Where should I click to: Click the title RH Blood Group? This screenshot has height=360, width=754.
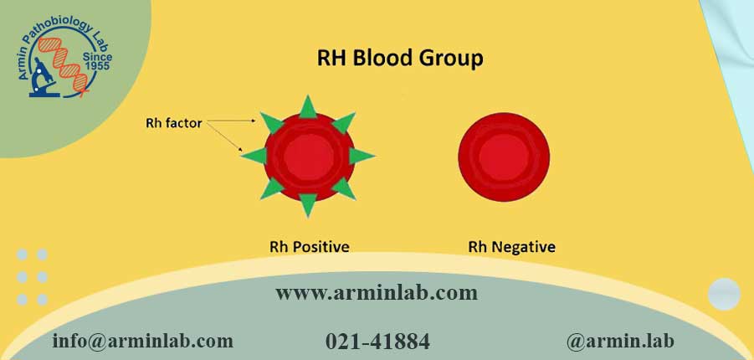click(x=400, y=59)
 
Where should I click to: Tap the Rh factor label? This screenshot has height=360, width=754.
click(x=173, y=123)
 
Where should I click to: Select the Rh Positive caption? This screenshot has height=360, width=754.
click(x=309, y=247)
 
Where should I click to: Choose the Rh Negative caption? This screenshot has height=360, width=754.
click(x=511, y=247)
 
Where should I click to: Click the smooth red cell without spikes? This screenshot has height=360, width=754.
click(x=504, y=157)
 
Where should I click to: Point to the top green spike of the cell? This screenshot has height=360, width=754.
click(x=308, y=108)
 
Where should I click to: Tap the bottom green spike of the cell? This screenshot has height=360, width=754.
click(x=308, y=204)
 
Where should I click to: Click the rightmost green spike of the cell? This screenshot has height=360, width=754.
click(x=361, y=156)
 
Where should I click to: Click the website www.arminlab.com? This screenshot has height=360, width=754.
click(x=377, y=293)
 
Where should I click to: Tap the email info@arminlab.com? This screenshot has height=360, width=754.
click(x=143, y=341)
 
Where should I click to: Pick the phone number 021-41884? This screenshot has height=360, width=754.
click(x=377, y=342)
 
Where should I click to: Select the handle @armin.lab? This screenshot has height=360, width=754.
click(x=620, y=341)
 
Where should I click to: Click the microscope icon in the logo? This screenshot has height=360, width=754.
click(x=44, y=77)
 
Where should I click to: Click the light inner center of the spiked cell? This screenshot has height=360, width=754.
click(x=308, y=157)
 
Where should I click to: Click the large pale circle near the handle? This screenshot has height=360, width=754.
click(x=724, y=294)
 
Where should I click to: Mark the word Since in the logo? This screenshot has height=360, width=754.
click(x=98, y=56)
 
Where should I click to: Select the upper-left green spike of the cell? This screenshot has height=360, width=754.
click(x=271, y=122)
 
